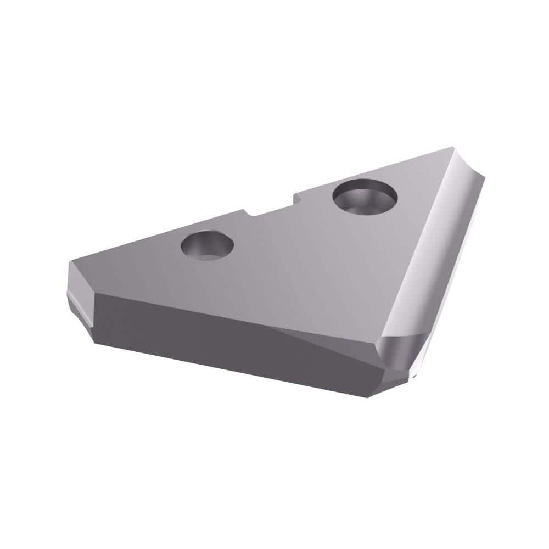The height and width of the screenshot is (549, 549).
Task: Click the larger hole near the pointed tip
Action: click(x=365, y=197)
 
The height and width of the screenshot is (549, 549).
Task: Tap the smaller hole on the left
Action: click(x=207, y=245)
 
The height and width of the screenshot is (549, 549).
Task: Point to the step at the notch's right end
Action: click(x=295, y=198)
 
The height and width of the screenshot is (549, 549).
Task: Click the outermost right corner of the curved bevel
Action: click(x=484, y=175)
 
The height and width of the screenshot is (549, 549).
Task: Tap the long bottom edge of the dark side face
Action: click(x=231, y=371)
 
